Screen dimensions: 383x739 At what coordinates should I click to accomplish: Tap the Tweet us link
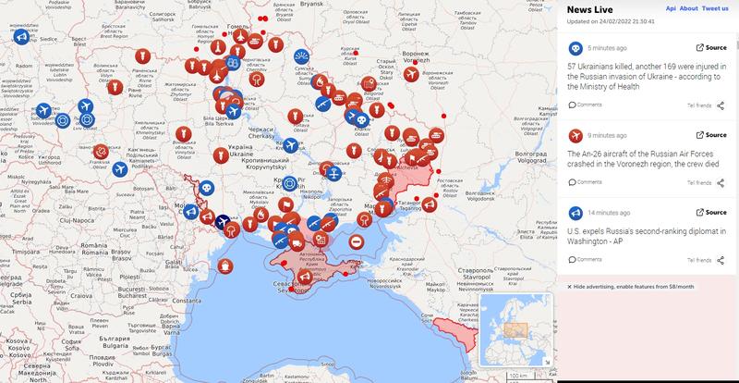pyautogui.click(x=715, y=7)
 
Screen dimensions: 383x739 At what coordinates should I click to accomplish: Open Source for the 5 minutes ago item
pyautogui.click(x=711, y=47)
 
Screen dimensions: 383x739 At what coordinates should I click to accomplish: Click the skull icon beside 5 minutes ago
pyautogui.click(x=574, y=47)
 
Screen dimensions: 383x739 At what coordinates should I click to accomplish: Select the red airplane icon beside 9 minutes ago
pyautogui.click(x=574, y=136)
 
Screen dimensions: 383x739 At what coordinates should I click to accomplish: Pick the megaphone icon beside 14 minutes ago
pyautogui.click(x=574, y=213)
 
